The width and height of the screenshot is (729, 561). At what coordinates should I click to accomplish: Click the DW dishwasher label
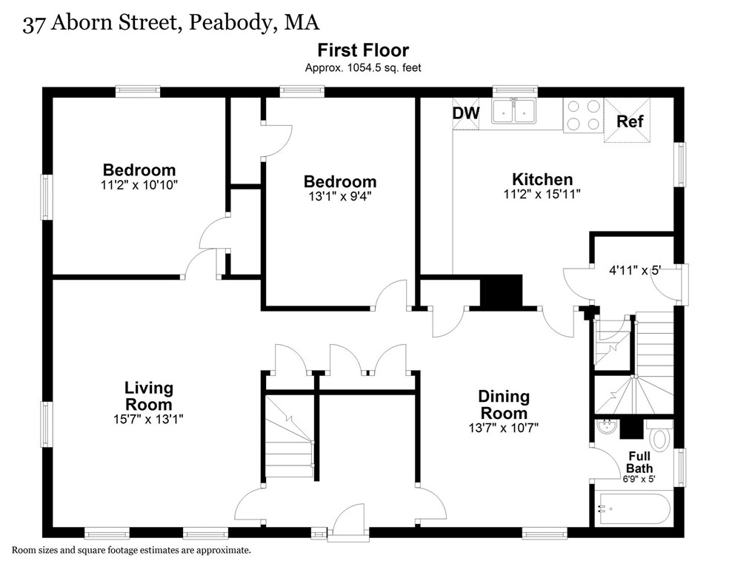[x=467, y=113]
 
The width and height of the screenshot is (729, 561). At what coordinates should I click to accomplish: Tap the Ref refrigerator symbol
[x=630, y=121]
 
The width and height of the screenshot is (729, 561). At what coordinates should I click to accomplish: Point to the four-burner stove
[x=583, y=115]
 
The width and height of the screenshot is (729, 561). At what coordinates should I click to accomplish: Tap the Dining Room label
[x=503, y=405]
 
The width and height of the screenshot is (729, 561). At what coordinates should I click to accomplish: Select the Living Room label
[x=148, y=396]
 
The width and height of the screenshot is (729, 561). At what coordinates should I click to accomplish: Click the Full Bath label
[x=639, y=462]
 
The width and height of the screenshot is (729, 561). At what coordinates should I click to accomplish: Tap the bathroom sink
[x=605, y=429]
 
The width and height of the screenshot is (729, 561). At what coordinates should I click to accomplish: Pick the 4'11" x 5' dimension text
[x=634, y=271]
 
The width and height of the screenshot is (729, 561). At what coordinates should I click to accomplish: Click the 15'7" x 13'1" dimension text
[x=148, y=419]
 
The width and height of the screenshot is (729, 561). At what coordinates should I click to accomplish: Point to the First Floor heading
[x=363, y=50]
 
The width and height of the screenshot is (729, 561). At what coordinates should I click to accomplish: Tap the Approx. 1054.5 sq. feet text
[x=363, y=67]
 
